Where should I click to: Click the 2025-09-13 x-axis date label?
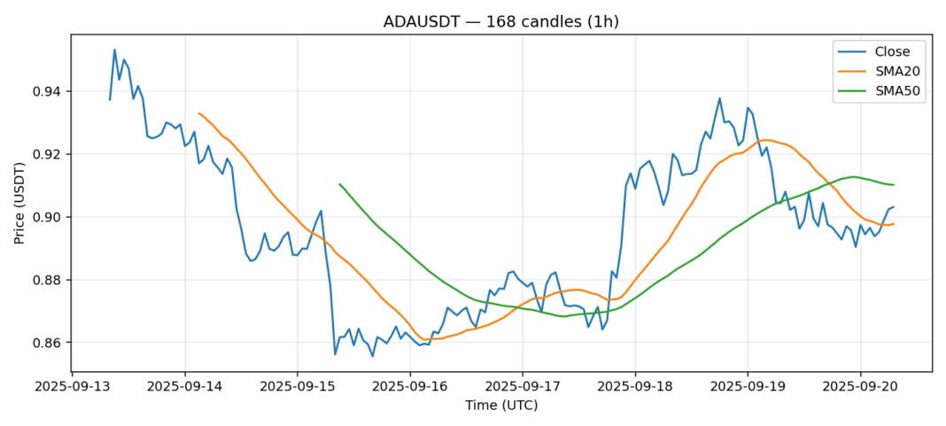click(x=73, y=387)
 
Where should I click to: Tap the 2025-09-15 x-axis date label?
click(x=298, y=387)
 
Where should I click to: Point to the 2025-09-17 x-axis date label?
click(x=523, y=387)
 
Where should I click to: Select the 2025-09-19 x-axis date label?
click(x=748, y=387)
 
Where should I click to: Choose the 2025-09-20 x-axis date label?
click(x=860, y=387)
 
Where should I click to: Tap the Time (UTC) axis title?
click(x=501, y=406)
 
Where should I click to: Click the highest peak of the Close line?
click(x=114, y=50)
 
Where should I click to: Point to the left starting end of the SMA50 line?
click(x=339, y=184)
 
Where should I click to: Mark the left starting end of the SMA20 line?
click(x=198, y=113)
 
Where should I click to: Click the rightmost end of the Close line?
click(x=894, y=207)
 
